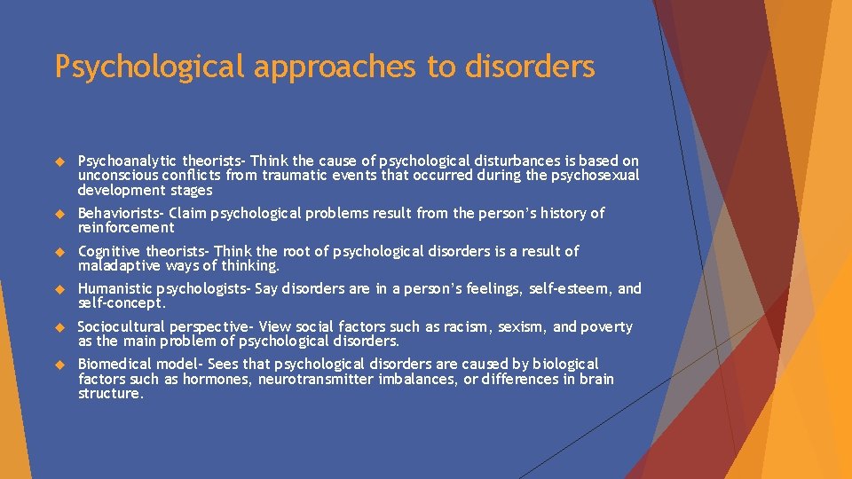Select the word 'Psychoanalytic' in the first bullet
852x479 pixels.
click(x=128, y=161)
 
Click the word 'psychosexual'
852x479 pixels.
click(x=594, y=176)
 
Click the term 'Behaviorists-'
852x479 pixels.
click(x=120, y=213)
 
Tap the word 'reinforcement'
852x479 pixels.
click(x=125, y=227)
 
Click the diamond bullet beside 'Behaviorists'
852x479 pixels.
click(x=60, y=214)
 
